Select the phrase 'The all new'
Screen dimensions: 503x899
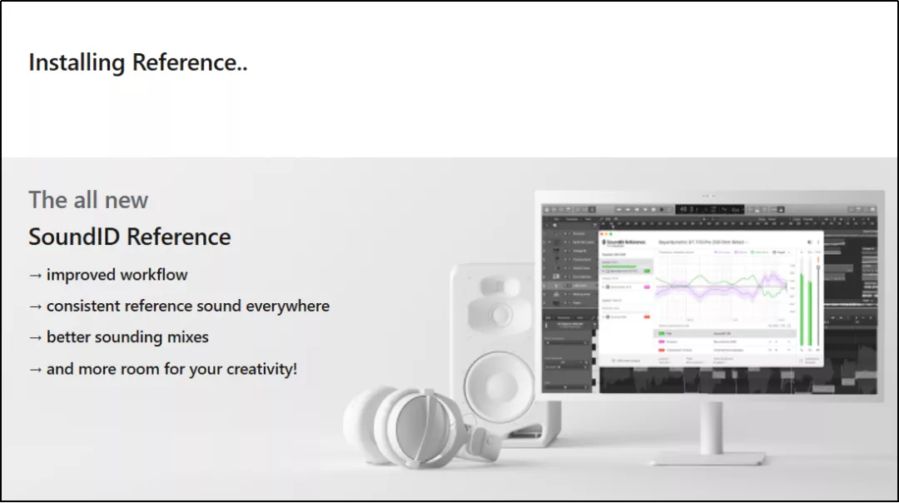click(88, 200)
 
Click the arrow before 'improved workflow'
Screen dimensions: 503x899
click(35, 275)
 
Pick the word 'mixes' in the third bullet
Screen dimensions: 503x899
click(187, 337)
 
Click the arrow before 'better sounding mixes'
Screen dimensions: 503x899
click(35, 337)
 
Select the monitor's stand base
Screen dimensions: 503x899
click(707, 456)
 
